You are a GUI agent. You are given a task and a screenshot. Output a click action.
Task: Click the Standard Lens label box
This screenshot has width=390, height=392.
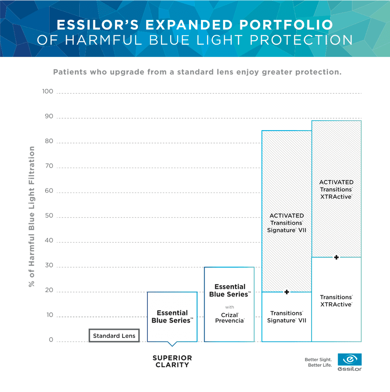[x=114, y=336]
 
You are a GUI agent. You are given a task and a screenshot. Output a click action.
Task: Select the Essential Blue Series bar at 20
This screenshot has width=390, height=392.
[x=172, y=316]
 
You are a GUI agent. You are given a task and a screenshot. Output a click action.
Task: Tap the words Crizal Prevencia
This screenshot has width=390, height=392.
[x=229, y=318]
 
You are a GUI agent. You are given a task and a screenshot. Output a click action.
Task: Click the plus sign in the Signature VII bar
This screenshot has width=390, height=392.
[x=287, y=292]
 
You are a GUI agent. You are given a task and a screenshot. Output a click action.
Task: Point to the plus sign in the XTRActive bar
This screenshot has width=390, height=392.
[x=336, y=257]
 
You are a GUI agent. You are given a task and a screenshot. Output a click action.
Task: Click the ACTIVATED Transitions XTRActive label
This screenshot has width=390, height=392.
[x=336, y=189]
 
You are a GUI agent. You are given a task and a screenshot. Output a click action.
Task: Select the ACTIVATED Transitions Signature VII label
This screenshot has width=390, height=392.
[x=286, y=223]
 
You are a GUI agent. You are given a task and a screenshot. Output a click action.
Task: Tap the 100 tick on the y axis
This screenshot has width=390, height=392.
[x=47, y=92]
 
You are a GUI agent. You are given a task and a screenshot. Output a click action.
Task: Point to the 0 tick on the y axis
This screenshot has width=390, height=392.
[x=51, y=340]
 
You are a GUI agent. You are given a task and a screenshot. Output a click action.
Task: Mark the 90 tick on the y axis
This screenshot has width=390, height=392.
[x=48, y=117]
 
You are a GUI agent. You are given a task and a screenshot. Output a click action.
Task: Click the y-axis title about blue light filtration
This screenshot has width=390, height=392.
[x=31, y=216]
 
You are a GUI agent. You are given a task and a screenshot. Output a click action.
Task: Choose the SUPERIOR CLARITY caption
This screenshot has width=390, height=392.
[x=172, y=361]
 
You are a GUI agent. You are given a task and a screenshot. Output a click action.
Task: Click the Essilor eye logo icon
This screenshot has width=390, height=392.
[x=350, y=359]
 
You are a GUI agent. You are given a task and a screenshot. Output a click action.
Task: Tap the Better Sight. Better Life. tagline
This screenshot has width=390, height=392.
[x=318, y=362]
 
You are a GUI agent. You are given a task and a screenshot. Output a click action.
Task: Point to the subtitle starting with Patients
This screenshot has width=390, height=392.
[x=197, y=72]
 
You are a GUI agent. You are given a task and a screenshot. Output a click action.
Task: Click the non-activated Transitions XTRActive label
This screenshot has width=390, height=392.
[x=336, y=301]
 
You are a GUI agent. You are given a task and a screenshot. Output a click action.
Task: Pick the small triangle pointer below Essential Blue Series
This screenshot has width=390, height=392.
[x=172, y=344]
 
